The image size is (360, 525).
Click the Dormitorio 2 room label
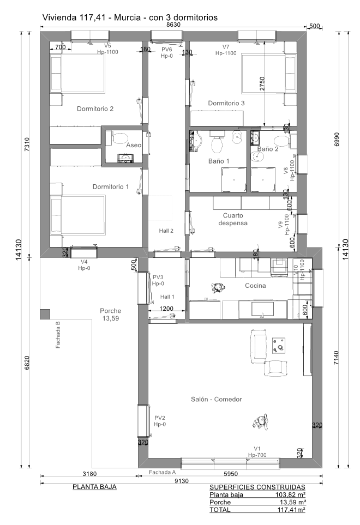tap(95, 109)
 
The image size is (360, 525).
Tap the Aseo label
tap(134, 146)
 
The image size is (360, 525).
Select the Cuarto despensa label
tap(233, 219)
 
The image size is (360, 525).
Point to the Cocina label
tap(255, 286)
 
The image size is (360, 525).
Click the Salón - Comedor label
tap(217, 399)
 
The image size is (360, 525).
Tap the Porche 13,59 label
tap(111, 315)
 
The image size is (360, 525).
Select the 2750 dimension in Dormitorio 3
tap(262, 84)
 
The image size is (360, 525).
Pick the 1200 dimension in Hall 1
tap(166, 309)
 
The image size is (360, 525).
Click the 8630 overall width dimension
tap(173, 25)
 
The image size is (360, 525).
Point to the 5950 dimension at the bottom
tap(230, 474)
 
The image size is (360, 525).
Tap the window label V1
tap(257, 449)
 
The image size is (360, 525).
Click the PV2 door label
tap(160, 418)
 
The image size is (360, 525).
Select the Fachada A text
tap(163, 472)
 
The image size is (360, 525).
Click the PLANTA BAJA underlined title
tap(94, 487)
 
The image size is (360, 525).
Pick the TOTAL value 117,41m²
tap(291, 510)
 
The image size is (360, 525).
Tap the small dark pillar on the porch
tap(45, 315)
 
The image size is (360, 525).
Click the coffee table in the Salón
tap(279, 346)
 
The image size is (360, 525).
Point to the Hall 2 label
tap(166, 231)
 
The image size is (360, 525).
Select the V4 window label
tap(84, 262)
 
